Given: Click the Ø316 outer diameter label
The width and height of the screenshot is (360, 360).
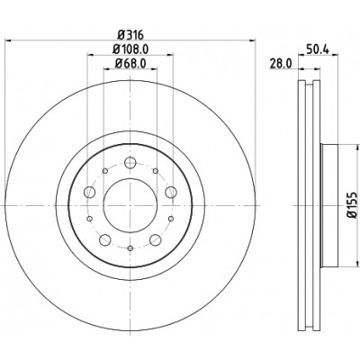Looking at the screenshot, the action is [x=130, y=35].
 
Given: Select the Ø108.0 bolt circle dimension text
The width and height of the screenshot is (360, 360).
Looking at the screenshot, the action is [x=130, y=49].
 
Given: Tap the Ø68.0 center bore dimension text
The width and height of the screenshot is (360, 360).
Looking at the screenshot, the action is [x=130, y=63].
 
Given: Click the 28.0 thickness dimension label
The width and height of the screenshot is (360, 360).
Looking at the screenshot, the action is [x=280, y=63].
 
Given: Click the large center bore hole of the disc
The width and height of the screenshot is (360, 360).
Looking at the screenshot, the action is [x=130, y=205].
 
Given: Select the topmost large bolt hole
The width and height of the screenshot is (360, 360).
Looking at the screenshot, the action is [x=130, y=164].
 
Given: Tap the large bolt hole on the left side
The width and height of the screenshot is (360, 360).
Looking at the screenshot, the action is [x=89, y=192].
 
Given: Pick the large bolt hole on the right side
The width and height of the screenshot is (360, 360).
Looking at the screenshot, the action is [x=171, y=192].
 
